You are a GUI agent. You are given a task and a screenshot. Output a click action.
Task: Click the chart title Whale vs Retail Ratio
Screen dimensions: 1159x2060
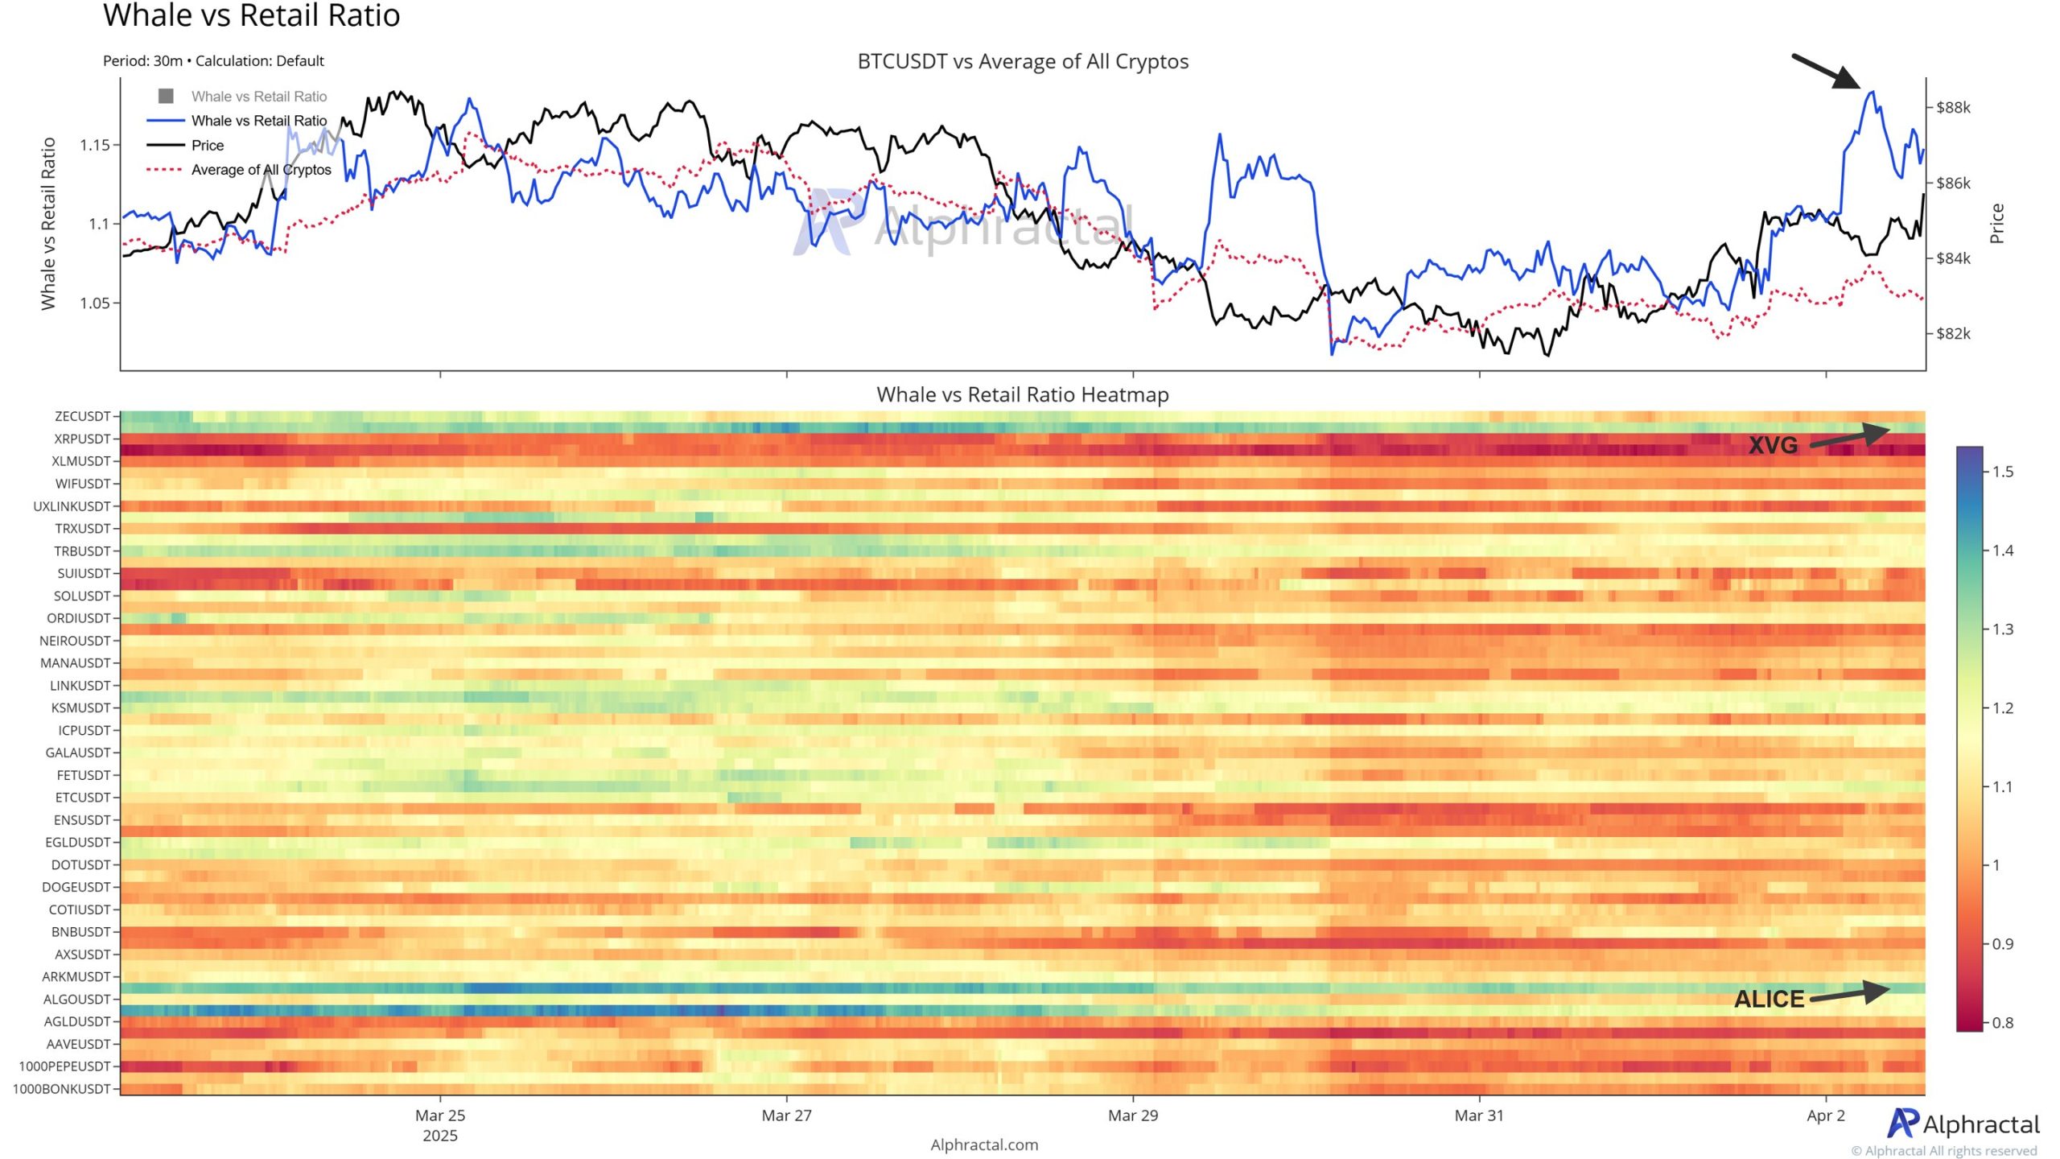click(x=251, y=16)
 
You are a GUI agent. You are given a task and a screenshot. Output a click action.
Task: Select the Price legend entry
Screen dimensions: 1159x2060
click(x=208, y=146)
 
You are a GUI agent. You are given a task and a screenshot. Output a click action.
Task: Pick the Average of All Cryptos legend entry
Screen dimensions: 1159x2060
click(x=261, y=170)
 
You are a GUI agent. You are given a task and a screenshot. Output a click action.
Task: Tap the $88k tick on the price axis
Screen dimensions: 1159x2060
click(x=1953, y=108)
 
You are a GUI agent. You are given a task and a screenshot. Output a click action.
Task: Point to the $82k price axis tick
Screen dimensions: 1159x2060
click(x=1953, y=334)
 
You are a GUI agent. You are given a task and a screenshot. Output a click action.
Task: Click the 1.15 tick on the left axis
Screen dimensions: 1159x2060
click(x=95, y=146)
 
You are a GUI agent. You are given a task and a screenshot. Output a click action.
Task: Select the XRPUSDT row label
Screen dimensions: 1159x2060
click(x=82, y=439)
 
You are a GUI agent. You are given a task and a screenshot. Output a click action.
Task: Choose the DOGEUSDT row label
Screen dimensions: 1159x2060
click(x=76, y=887)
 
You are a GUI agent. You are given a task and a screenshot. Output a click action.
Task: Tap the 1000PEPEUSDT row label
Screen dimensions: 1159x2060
click(x=64, y=1066)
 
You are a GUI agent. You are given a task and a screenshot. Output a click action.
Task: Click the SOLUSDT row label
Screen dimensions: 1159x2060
click(x=82, y=596)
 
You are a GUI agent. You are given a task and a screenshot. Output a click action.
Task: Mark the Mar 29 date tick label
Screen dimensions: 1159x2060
click(x=1132, y=1116)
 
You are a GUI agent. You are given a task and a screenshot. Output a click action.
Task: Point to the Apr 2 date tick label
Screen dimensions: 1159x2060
click(x=1825, y=1116)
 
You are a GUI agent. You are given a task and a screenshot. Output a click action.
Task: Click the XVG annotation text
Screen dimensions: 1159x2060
click(x=1773, y=445)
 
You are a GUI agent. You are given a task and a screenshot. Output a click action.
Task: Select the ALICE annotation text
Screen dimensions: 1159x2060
click(x=1769, y=1000)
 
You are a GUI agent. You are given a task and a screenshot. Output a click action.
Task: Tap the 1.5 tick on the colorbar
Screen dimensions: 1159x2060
click(x=2003, y=472)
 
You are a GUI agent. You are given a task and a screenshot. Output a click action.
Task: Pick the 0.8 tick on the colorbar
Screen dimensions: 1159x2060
click(x=2003, y=1023)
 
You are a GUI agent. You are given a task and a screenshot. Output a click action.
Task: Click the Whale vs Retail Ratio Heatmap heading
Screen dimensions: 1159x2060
click(x=1022, y=395)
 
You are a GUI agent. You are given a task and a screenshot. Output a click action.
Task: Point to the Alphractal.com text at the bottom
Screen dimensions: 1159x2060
click(x=984, y=1145)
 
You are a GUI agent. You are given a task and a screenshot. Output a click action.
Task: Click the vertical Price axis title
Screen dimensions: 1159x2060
click(x=1996, y=223)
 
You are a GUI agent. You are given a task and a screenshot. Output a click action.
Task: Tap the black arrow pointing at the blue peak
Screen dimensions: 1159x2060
click(x=1825, y=71)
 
